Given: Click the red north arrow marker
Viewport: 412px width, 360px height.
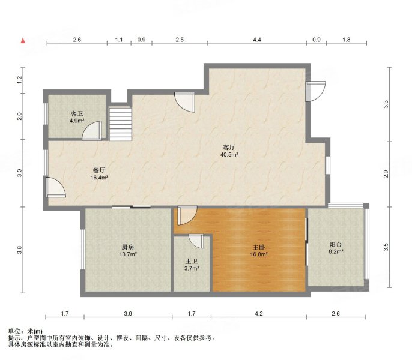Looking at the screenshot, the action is tap(23, 41).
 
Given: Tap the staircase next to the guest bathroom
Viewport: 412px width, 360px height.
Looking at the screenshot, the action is tap(120, 124).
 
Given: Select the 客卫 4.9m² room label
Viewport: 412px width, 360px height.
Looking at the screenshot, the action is tap(77, 117).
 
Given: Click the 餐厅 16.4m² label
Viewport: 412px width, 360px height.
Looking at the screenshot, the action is tap(99, 173).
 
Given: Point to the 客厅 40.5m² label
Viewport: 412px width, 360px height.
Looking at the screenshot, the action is tap(229, 151).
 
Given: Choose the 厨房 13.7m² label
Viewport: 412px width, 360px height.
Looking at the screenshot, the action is tap(128, 251).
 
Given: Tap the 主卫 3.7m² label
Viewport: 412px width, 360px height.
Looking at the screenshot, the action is tap(191, 265).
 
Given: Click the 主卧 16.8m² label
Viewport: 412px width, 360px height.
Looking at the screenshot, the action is tap(259, 251).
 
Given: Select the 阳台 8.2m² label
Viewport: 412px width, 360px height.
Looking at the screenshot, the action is tap(336, 248).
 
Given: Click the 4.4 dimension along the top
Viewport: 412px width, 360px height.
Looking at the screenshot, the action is tap(257, 40).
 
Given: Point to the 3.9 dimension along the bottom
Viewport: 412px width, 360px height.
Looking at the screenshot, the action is tap(128, 313).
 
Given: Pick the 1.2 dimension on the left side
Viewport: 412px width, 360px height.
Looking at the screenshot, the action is tap(20, 80).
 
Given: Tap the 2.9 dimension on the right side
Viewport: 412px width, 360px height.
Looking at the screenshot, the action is tap(386, 174).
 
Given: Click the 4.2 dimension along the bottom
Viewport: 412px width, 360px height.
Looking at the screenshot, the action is tap(259, 313).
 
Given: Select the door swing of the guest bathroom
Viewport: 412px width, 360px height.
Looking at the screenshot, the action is tap(92, 130).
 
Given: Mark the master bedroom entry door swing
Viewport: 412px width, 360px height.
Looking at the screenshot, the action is tap(187, 215).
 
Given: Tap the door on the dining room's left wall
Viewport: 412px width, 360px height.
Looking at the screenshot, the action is tap(55, 187).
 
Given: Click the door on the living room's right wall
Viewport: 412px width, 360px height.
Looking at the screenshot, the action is tap(315, 91).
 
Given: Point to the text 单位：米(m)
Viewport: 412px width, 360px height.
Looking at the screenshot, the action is tap(25, 331).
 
